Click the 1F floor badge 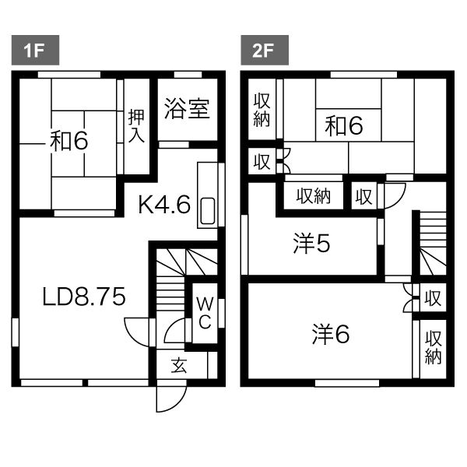pyautogui.click(x=35, y=50)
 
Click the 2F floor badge pyautogui.click(x=265, y=50)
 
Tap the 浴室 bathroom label pyautogui.click(x=187, y=109)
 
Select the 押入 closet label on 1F pyautogui.click(x=136, y=125)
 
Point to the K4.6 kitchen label pyautogui.click(x=164, y=205)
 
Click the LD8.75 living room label pyautogui.click(x=84, y=297)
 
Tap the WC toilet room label pyautogui.click(x=205, y=313)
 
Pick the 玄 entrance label pyautogui.click(x=179, y=366)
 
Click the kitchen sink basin pyautogui.click(x=208, y=211)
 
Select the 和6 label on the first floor pyautogui.click(x=68, y=141)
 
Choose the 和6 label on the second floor pyautogui.click(x=344, y=125)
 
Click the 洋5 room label pyautogui.click(x=311, y=244)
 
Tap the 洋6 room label pyautogui.click(x=331, y=335)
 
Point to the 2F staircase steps pyautogui.click(x=433, y=244)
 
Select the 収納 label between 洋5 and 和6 pyautogui.click(x=314, y=196)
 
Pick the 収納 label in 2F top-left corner pyautogui.click(x=262, y=111)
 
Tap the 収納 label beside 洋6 pyautogui.click(x=433, y=348)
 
